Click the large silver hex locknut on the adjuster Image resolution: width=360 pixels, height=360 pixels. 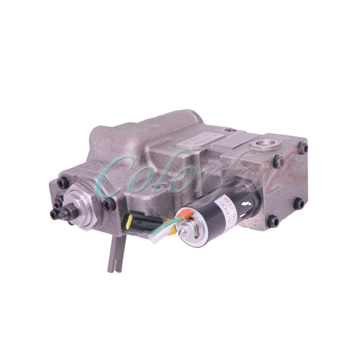[80, 202]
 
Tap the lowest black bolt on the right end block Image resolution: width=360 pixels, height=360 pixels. [272, 220]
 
